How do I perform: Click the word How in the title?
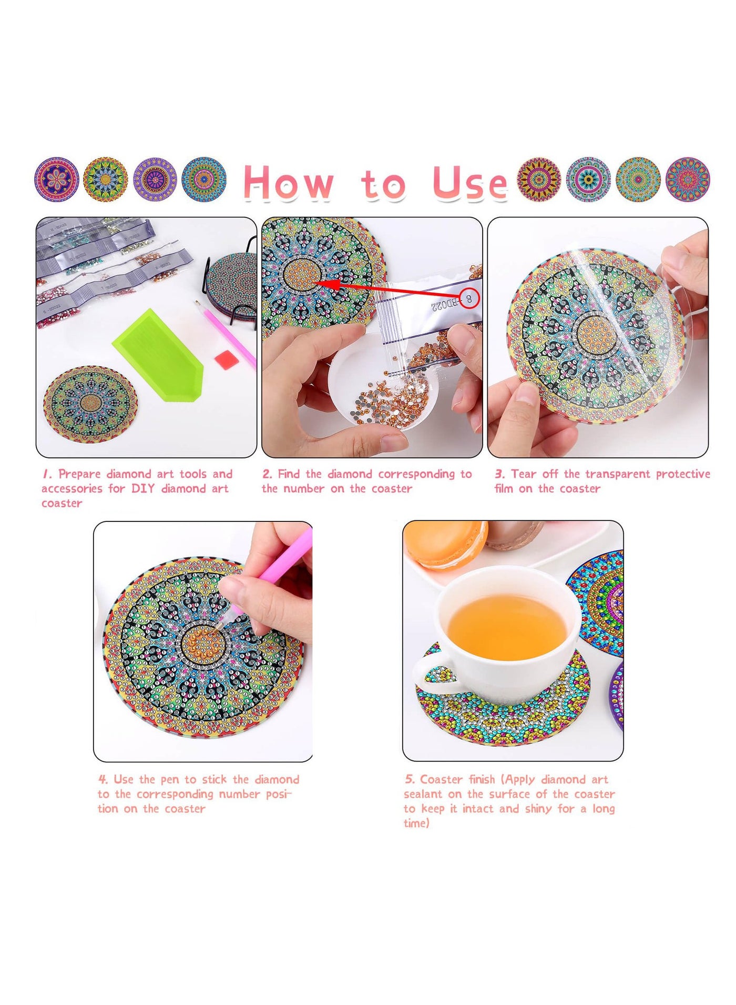coord(289,182)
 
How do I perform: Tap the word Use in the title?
coord(469,183)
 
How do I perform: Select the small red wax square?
coord(227,360)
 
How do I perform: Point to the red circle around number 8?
coord(469,298)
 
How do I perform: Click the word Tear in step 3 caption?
coord(524,474)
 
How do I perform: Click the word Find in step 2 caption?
coord(289,474)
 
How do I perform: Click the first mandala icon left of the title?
coord(57,179)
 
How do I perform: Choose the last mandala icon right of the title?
coord(688,179)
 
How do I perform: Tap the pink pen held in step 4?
coord(273,568)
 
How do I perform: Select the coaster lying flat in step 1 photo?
coord(90,404)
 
